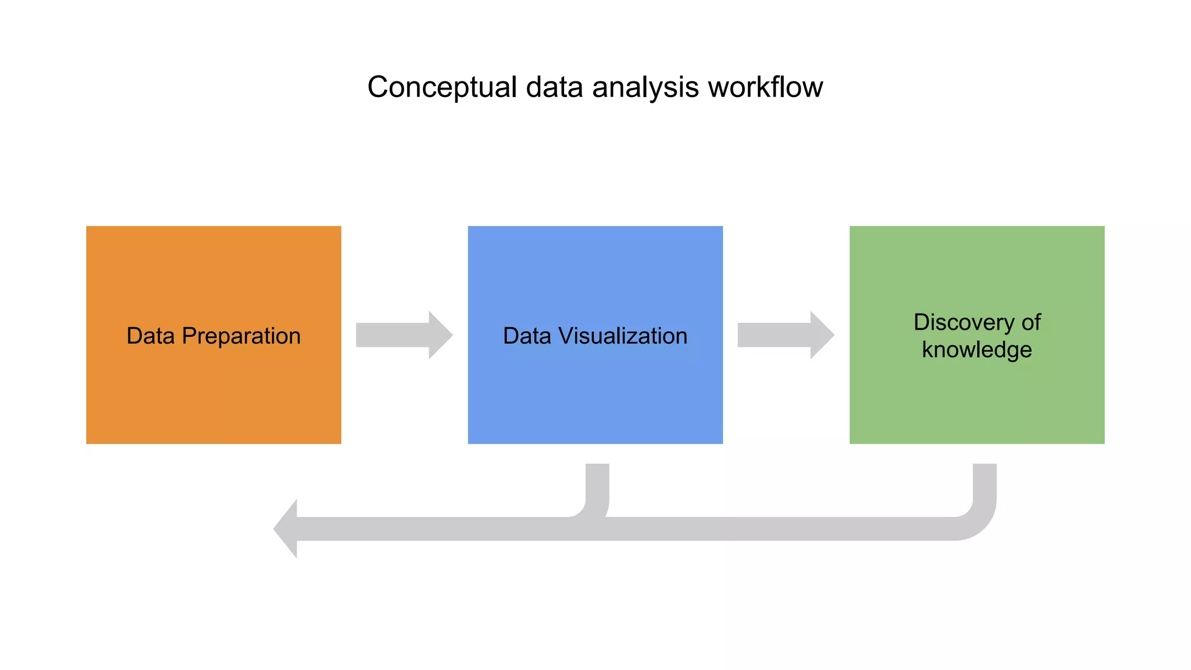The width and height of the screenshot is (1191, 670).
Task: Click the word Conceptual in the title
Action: click(442, 87)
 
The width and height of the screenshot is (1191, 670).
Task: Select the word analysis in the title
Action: click(645, 87)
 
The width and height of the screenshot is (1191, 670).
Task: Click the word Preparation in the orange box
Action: click(241, 336)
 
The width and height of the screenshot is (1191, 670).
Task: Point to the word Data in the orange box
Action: click(150, 336)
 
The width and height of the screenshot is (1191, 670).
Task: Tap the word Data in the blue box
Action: click(526, 336)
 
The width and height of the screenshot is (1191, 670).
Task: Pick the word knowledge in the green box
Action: click(976, 350)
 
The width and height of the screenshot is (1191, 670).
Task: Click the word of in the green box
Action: click(1030, 322)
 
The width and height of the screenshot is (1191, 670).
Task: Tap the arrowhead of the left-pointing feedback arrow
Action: click(287, 529)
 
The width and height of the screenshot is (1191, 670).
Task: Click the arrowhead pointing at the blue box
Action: click(440, 335)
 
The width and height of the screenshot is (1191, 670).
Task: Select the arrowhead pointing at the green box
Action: click(821, 335)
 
